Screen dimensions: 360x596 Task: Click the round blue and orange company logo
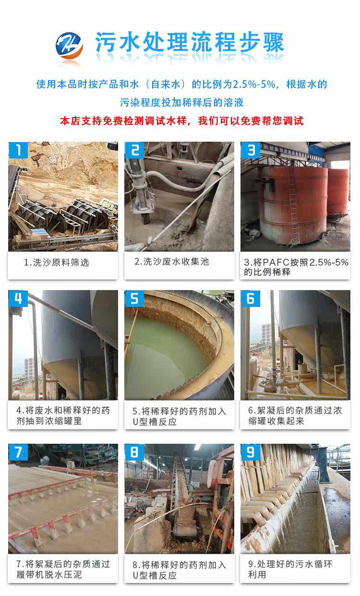69,46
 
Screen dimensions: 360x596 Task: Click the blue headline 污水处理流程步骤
190,42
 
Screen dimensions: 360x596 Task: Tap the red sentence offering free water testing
181,121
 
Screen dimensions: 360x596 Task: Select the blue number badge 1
18,150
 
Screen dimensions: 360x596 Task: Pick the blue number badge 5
134,299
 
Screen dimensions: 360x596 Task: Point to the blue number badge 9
251,452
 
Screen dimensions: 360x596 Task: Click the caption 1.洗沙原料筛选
57,263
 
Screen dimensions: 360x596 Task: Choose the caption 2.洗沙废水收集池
171,262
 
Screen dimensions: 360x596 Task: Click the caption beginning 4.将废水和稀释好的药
63,415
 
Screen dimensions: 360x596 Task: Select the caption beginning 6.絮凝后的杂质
295,415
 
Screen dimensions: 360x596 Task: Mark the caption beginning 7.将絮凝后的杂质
63,569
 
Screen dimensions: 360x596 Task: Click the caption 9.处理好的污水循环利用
290,569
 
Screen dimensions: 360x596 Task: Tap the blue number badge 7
18,452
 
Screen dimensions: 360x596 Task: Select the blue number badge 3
251,150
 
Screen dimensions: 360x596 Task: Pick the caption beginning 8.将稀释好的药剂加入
179,570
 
